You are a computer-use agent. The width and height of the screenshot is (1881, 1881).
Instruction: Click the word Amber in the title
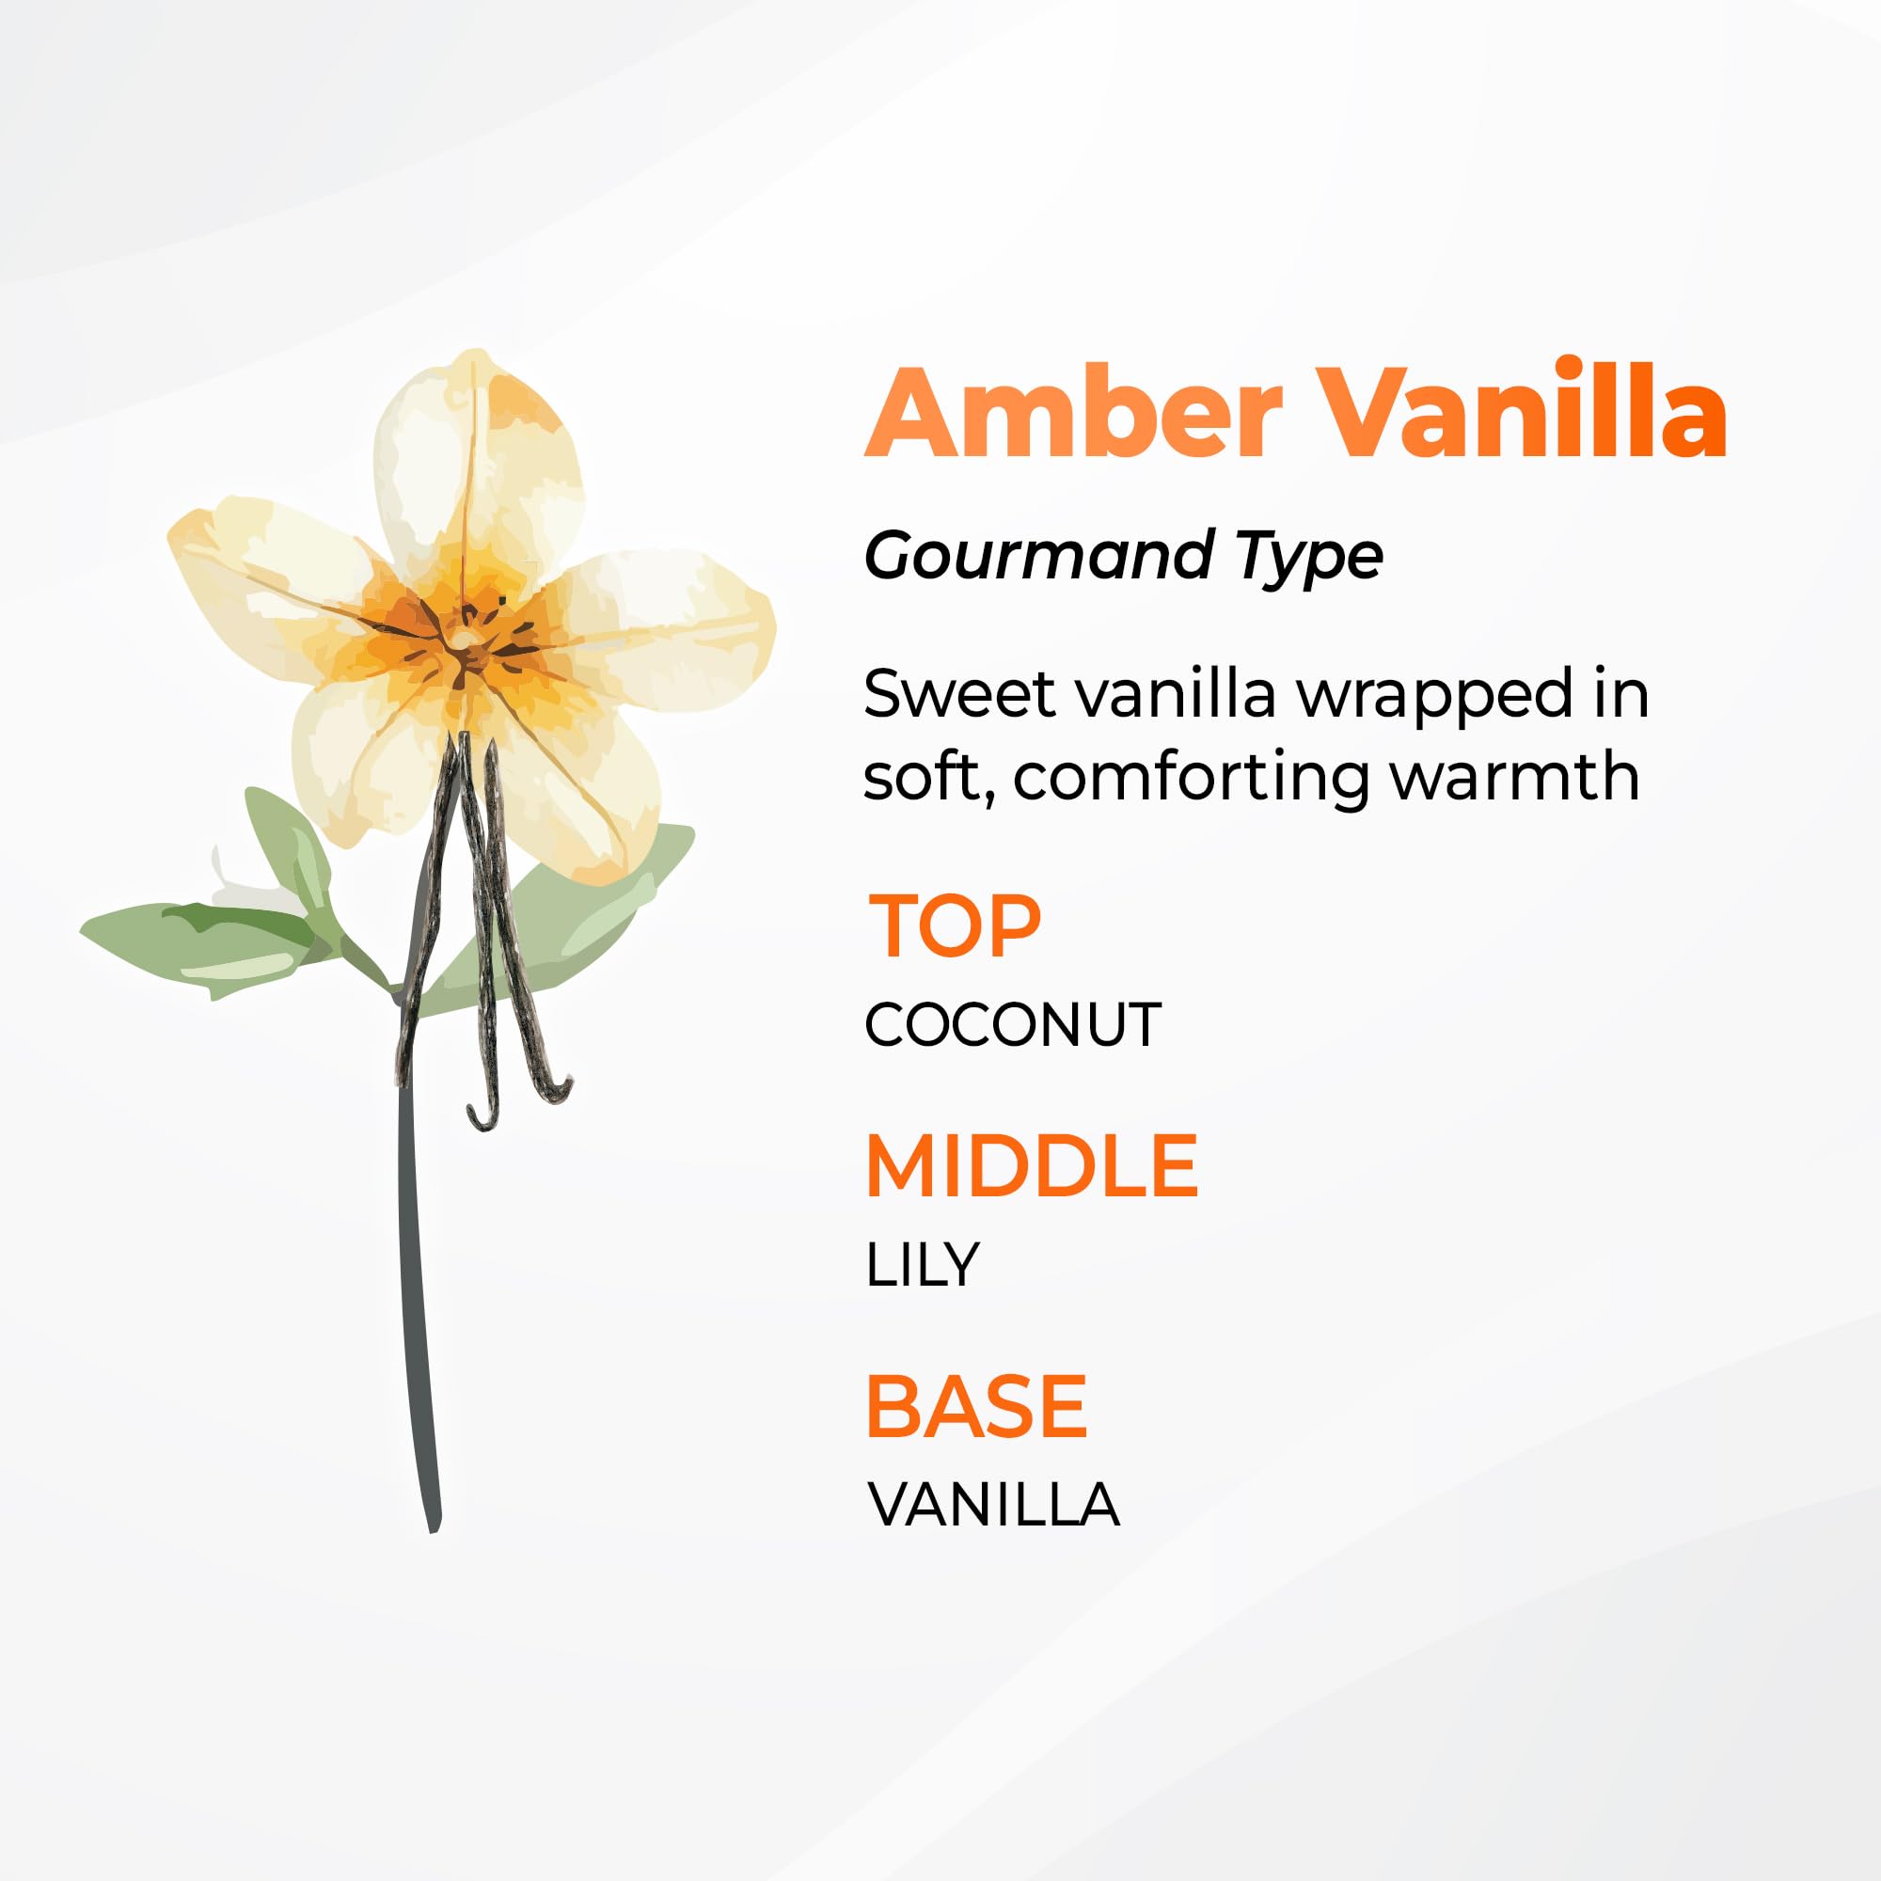tap(1074, 412)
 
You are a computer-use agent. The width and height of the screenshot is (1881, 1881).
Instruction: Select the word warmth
tap(1515, 776)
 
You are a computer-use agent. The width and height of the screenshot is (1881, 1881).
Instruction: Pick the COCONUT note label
tap(1013, 1025)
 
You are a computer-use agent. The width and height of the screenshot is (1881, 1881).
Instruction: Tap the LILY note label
tap(921, 1265)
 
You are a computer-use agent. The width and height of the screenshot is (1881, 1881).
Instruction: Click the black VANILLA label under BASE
tap(993, 1505)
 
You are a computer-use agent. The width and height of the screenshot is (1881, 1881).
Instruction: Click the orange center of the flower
tap(466, 640)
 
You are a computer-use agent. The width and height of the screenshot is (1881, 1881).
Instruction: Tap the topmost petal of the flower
tap(475, 458)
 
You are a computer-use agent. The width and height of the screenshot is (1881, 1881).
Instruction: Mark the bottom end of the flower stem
tap(435, 1529)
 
